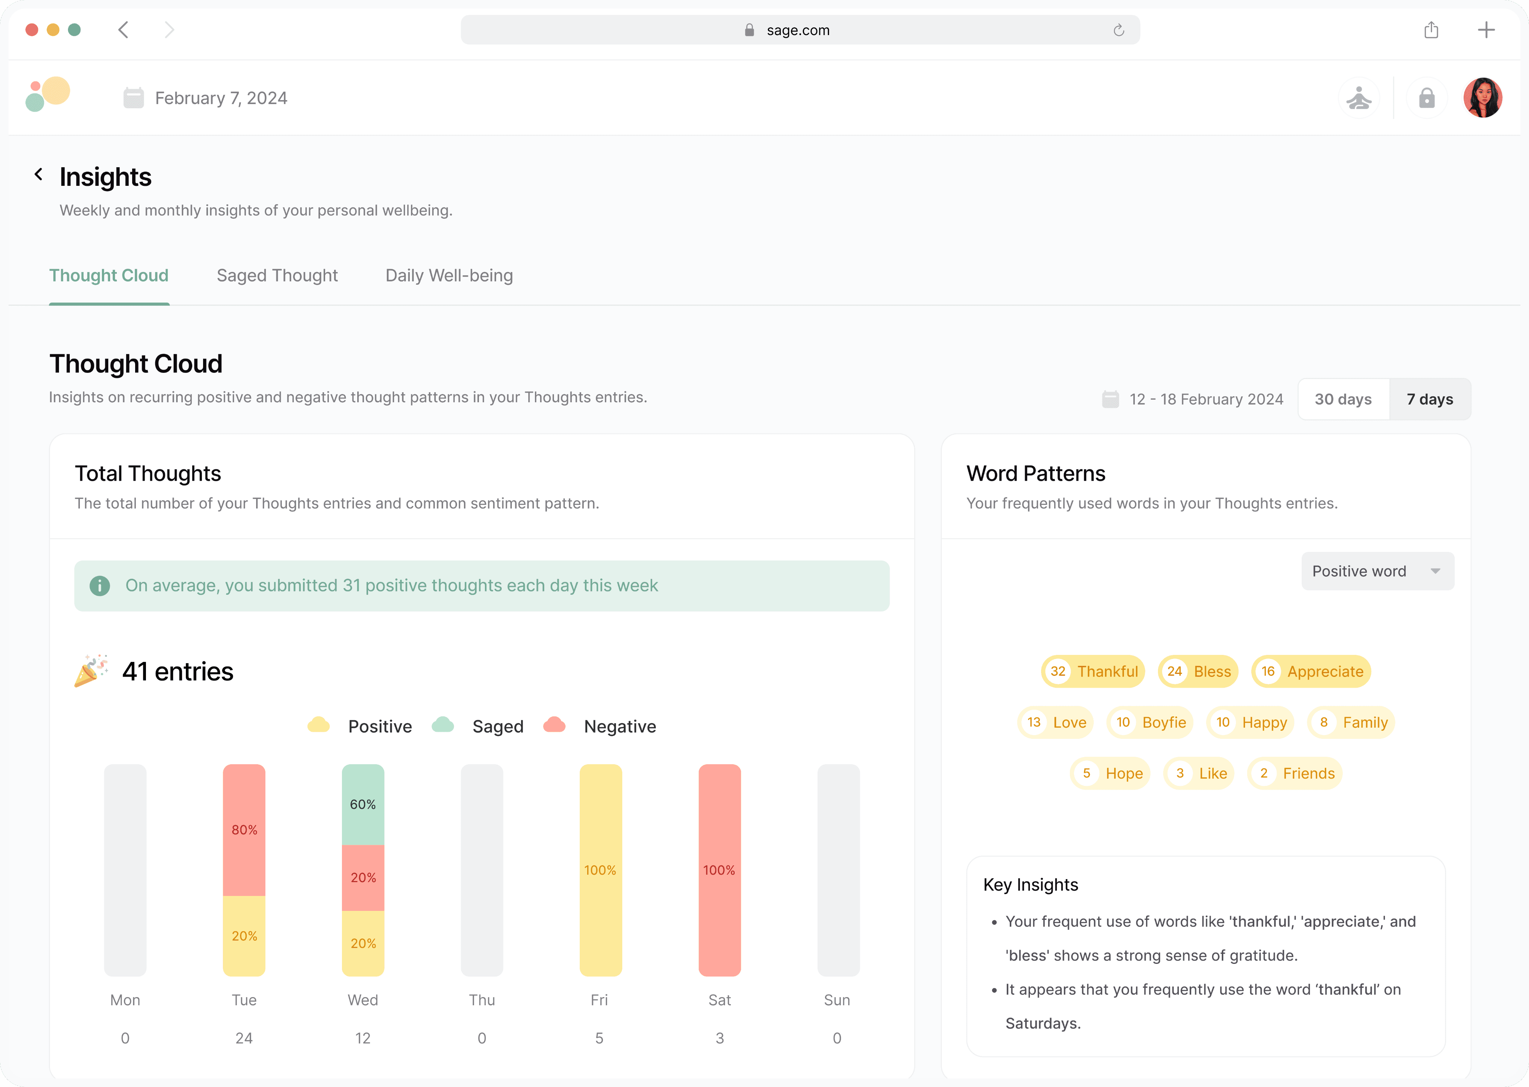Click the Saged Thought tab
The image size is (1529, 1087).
pos(277,276)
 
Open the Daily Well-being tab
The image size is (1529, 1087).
pos(449,276)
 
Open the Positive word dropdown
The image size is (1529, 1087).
pos(1377,571)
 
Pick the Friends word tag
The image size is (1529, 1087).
pos(1295,773)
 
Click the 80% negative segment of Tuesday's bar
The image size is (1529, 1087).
pos(245,830)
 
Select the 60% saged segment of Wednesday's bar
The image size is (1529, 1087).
pos(363,805)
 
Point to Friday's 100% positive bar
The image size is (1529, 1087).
pos(601,870)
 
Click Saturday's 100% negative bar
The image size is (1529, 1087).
pos(720,870)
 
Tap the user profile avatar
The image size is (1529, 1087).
pos(1483,98)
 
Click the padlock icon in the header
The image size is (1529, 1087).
pos(1427,98)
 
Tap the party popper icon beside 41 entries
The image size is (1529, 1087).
pos(91,671)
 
